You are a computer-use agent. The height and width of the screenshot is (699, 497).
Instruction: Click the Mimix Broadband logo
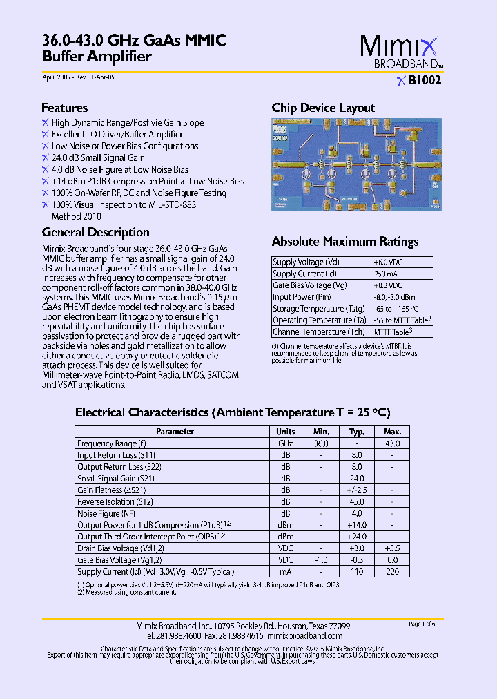pyautogui.click(x=398, y=52)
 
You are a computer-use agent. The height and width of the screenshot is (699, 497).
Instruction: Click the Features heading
pyautogui.click(x=64, y=108)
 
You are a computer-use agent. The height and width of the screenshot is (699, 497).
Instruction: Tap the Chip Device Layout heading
pyautogui.click(x=323, y=108)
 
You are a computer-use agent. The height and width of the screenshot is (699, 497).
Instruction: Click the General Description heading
pyautogui.click(x=95, y=232)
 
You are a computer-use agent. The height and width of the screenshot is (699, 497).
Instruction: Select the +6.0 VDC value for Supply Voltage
pyautogui.click(x=387, y=262)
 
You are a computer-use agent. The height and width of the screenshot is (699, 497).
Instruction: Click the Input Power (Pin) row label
pyautogui.click(x=303, y=297)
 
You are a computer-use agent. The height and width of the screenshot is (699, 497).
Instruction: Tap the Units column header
pyautogui.click(x=286, y=432)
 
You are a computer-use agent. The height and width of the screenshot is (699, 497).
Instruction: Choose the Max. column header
pyautogui.click(x=392, y=432)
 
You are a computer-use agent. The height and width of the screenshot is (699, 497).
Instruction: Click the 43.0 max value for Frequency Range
pyautogui.click(x=392, y=443)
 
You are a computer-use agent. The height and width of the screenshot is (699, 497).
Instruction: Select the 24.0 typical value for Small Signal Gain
pyautogui.click(x=356, y=479)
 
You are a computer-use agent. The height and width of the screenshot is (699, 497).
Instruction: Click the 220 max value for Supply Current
pyautogui.click(x=392, y=572)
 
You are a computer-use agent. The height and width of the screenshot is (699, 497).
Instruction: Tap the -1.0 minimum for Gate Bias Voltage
pyautogui.click(x=321, y=560)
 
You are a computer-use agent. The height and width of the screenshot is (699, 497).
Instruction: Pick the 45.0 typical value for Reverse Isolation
pyautogui.click(x=356, y=502)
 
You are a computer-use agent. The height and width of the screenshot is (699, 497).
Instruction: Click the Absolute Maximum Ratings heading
pyautogui.click(x=345, y=242)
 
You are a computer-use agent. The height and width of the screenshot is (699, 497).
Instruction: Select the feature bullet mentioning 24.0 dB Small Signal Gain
pyautogui.click(x=98, y=157)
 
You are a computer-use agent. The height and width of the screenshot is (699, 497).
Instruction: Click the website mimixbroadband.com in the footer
pyautogui.click(x=304, y=635)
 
